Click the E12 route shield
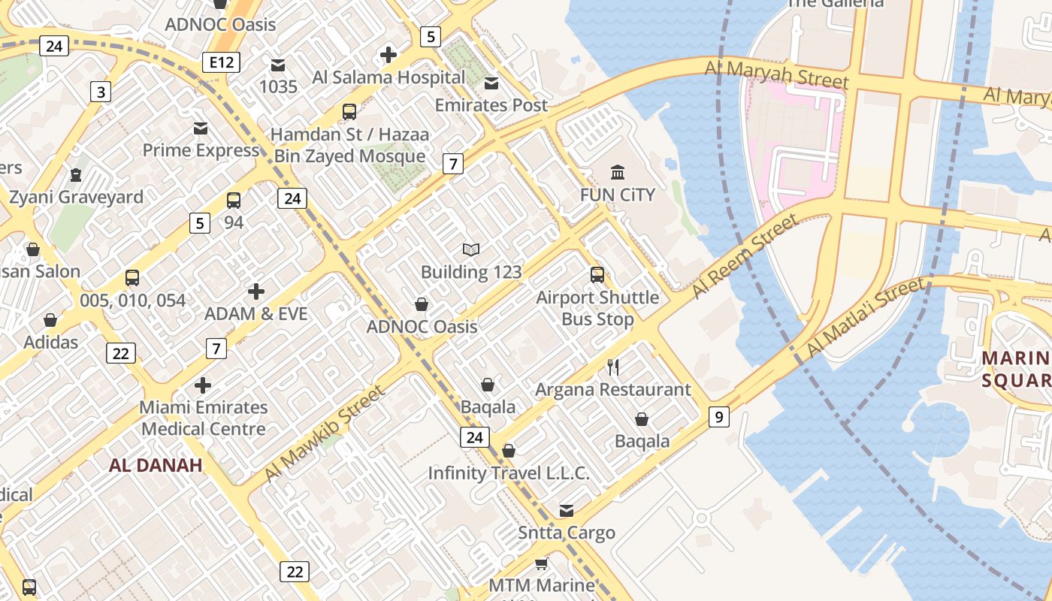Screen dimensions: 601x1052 pyautogui.click(x=221, y=62)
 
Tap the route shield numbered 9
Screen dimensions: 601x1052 pyautogui.click(x=718, y=416)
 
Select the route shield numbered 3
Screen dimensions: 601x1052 pyautogui.click(x=100, y=92)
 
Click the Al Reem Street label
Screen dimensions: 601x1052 pyautogui.click(x=743, y=255)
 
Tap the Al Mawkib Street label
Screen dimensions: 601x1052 pyautogui.click(x=324, y=433)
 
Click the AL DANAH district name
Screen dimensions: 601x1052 pyautogui.click(x=156, y=465)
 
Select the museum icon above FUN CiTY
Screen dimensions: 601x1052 pyautogui.click(x=618, y=173)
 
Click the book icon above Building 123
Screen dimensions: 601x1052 pyautogui.click(x=471, y=249)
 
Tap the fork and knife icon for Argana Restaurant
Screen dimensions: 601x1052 pyautogui.click(x=613, y=367)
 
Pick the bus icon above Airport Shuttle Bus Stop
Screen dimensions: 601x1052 pyautogui.click(x=597, y=275)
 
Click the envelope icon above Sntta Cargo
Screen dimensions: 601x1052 pyautogui.click(x=567, y=511)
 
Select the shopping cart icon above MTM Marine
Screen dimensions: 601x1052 pyautogui.click(x=541, y=563)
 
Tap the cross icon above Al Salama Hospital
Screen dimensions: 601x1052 pyautogui.click(x=388, y=55)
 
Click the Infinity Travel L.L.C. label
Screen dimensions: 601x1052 pyautogui.click(x=509, y=473)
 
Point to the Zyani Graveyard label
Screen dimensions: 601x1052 pyautogui.click(x=76, y=197)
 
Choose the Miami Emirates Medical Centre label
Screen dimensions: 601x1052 pyautogui.click(x=204, y=418)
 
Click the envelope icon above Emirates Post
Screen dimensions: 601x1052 pyautogui.click(x=491, y=83)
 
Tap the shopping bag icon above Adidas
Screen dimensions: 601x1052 pyautogui.click(x=50, y=321)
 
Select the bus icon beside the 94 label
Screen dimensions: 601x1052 pyautogui.click(x=234, y=201)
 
